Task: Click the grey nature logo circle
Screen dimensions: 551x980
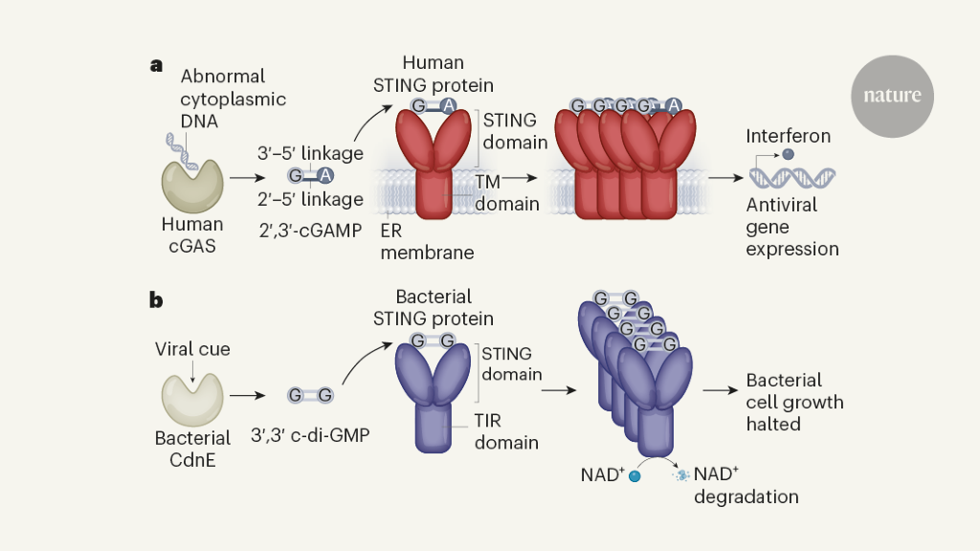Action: (x=891, y=96)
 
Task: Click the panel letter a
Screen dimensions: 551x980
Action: (x=156, y=65)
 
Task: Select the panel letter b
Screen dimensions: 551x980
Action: (x=156, y=299)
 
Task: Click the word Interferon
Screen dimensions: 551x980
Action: (x=788, y=136)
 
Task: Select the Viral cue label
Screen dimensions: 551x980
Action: (x=192, y=349)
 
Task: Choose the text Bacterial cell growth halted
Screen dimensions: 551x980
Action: (x=794, y=402)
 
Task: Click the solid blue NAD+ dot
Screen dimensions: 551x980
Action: (x=634, y=475)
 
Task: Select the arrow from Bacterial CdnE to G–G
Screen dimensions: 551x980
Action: (x=247, y=394)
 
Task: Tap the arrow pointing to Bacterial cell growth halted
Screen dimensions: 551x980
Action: (x=719, y=390)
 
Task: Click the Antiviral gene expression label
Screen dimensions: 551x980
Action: (x=792, y=228)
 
